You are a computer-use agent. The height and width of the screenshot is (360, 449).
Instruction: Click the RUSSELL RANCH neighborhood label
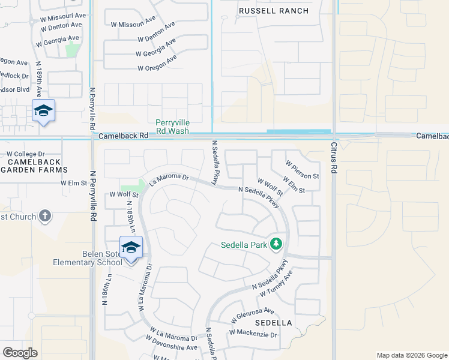click(274, 11)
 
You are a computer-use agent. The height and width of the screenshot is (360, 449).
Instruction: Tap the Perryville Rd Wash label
click(172, 127)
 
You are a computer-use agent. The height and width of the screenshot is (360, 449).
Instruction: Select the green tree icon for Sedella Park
click(276, 244)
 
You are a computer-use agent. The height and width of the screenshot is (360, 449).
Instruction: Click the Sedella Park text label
click(244, 245)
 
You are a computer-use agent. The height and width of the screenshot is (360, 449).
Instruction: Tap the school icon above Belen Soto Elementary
click(131, 247)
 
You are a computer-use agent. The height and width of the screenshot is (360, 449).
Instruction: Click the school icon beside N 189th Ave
click(44, 110)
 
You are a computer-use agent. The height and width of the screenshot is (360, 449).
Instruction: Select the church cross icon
click(45, 216)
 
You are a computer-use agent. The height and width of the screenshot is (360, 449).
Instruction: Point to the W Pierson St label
click(302, 170)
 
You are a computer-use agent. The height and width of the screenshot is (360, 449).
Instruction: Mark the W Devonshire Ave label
click(174, 347)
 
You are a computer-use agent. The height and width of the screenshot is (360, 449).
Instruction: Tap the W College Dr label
click(26, 154)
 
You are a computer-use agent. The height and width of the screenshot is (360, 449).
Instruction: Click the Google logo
click(20, 353)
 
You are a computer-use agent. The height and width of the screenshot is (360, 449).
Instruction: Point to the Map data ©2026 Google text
click(411, 355)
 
